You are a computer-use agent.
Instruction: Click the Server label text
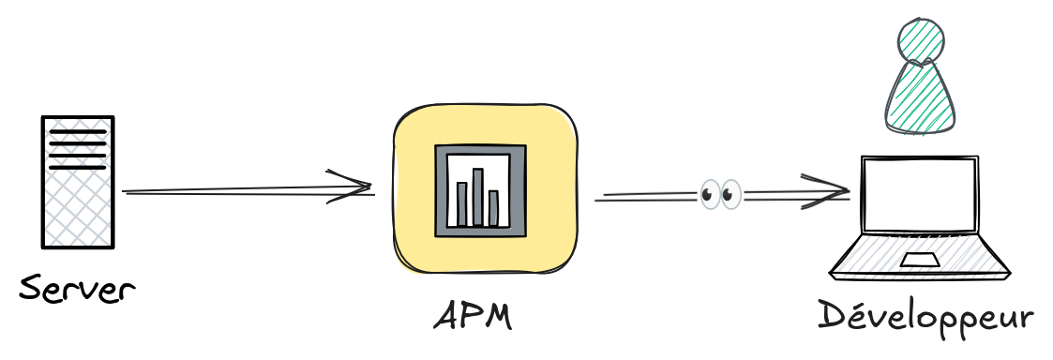pos(77,291)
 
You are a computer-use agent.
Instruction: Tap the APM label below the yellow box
pos(473,316)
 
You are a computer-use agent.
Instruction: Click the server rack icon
pos(77,182)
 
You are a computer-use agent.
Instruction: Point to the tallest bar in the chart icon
pos(478,197)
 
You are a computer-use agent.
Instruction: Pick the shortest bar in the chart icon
pos(493,208)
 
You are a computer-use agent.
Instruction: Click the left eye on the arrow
pos(709,194)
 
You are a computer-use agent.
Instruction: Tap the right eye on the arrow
pos(730,194)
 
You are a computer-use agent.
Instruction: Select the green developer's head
pos(922,40)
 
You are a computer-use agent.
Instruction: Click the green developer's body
pos(920,97)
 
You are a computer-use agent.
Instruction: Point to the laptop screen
pos(919,195)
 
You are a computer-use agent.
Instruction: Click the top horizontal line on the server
pos(77,131)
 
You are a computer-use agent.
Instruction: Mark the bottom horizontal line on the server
pos(77,167)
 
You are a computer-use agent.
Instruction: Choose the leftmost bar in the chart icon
pos(462,203)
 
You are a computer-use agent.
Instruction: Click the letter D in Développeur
pos(833,314)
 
